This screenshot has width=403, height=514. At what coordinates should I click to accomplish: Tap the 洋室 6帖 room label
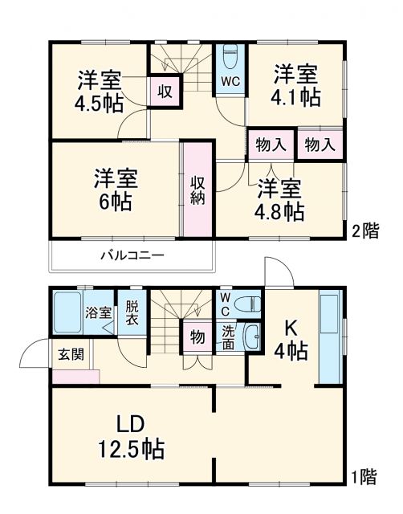[x=113, y=188]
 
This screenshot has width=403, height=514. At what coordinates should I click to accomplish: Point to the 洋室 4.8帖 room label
[x=280, y=201]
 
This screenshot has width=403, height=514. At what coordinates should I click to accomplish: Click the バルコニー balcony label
[x=132, y=256]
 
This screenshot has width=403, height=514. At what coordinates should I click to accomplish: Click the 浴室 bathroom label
[x=99, y=312]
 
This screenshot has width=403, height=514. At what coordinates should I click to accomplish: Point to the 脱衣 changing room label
[x=131, y=312]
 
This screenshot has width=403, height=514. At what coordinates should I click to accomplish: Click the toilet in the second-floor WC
[x=230, y=59]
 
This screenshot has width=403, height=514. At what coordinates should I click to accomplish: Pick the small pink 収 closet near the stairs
[x=165, y=91]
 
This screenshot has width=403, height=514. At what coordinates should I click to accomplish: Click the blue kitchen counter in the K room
[x=329, y=338]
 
